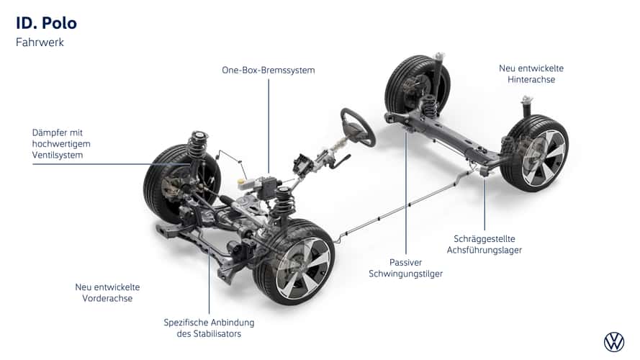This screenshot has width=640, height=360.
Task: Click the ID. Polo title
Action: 46,23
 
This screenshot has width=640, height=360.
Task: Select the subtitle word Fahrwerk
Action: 40,42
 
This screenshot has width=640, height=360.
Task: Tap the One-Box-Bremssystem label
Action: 268,70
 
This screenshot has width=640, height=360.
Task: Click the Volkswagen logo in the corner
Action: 614,342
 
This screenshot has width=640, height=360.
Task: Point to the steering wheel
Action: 357,127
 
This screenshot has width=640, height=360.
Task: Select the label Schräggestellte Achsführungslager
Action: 487,244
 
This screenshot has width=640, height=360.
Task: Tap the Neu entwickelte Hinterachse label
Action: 531,73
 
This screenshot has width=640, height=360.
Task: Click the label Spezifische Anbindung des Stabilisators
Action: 209,328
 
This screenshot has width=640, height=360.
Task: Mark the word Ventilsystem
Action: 58,156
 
